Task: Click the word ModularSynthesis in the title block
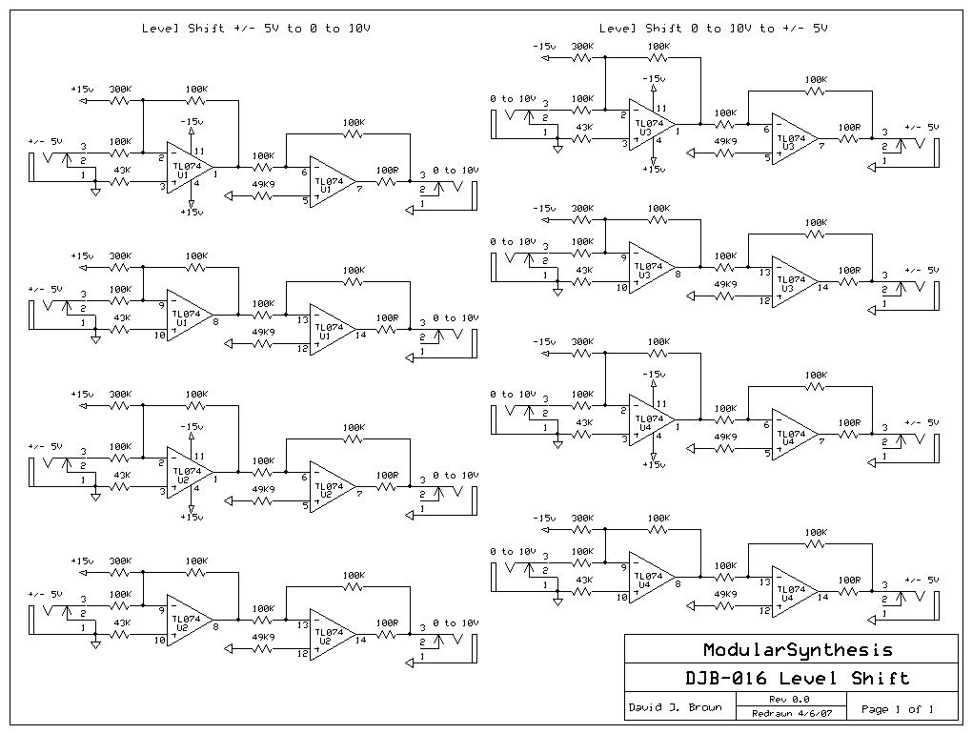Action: pos(798,650)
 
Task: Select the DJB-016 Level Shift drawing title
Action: pos(799,679)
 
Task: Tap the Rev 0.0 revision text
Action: pos(782,701)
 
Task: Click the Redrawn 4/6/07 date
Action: pos(782,713)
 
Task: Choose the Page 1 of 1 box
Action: pos(897,708)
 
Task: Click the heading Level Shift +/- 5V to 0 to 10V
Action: pos(256,29)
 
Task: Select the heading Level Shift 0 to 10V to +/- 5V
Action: pos(714,29)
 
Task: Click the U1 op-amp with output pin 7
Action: pos(330,182)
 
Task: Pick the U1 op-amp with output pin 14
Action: pos(330,330)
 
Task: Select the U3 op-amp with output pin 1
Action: pos(650,125)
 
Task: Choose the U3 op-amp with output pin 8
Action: pos(650,272)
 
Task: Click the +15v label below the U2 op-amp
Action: pos(192,518)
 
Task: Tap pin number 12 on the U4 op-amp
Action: pos(764,610)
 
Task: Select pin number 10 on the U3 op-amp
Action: pos(620,287)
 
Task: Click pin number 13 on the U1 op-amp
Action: pos(302,318)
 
